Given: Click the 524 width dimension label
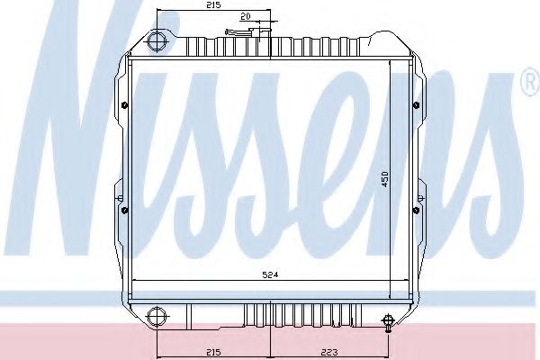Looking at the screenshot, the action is tap(270, 274).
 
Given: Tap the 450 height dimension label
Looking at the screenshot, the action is tap(385, 179).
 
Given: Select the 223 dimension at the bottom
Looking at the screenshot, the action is tap(329, 352).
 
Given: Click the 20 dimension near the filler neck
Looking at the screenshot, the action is tap(245, 16).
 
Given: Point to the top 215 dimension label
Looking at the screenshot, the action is tap(213, 4).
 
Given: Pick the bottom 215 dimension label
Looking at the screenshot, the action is tap(213, 352).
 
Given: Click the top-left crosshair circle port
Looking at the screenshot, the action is tap(157, 41).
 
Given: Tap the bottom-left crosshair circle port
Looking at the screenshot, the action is tap(157, 316).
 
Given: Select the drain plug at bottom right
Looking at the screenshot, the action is tap(388, 322).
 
